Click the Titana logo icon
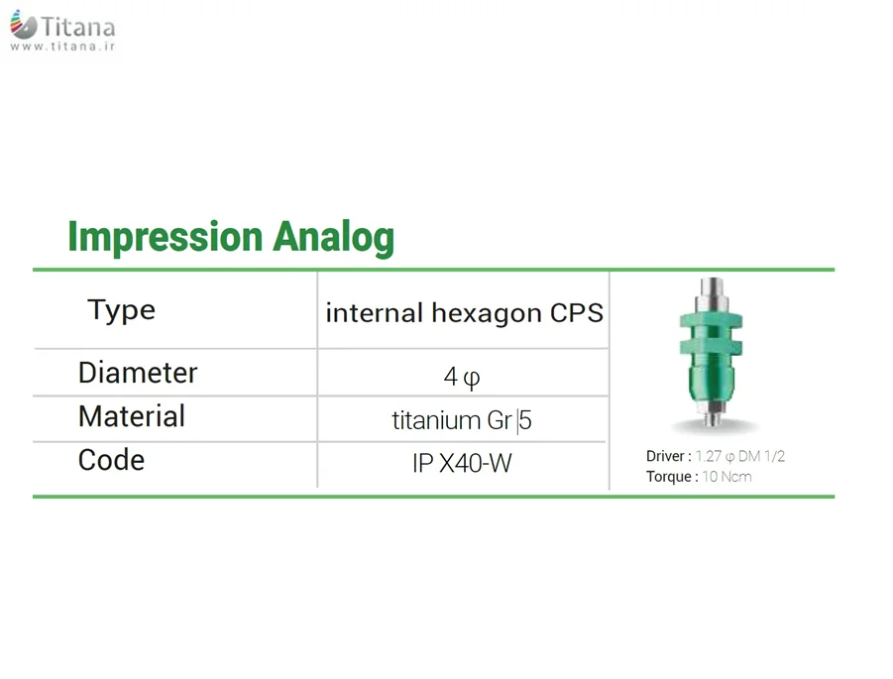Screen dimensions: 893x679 tap(24, 25)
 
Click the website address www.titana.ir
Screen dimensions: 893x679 tap(62, 47)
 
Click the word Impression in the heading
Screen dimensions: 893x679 tap(166, 237)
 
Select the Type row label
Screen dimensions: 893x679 tap(121, 310)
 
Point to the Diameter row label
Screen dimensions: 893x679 tap(138, 373)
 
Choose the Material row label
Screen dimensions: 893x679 tap(132, 416)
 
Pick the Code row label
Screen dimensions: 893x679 tap(111, 460)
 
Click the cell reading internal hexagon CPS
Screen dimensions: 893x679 tap(464, 312)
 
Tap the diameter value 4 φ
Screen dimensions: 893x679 tap(461, 377)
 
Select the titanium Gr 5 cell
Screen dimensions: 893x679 tap(461, 421)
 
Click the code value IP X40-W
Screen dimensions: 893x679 tap(462, 463)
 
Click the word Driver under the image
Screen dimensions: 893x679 tap(665, 456)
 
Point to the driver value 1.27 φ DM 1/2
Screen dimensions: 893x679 tap(740, 456)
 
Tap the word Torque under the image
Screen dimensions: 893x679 tap(668, 476)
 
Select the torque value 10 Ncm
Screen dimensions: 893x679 tap(726, 476)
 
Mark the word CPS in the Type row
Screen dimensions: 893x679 tap(577, 312)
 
